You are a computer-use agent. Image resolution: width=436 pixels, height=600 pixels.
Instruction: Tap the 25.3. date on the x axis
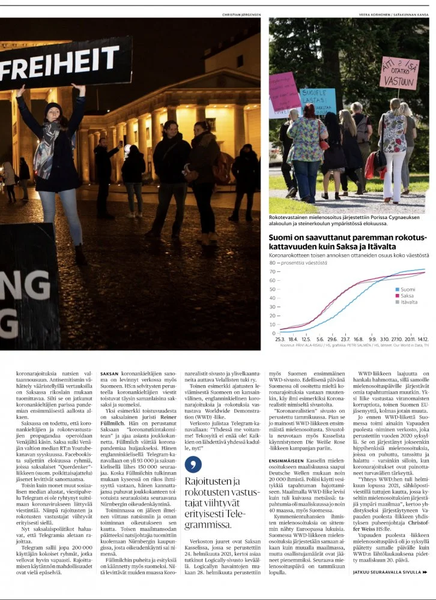(280, 339)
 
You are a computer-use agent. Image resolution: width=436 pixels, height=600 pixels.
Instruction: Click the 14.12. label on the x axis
(422, 339)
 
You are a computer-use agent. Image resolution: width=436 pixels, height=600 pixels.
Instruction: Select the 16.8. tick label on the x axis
(358, 339)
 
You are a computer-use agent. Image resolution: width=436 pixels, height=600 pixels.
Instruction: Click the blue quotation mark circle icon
(193, 464)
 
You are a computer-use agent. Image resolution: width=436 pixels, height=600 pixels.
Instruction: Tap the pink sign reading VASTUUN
(399, 73)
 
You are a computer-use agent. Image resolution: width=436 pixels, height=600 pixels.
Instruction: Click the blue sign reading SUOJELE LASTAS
(317, 99)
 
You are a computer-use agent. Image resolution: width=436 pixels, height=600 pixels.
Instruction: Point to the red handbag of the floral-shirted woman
(324, 145)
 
